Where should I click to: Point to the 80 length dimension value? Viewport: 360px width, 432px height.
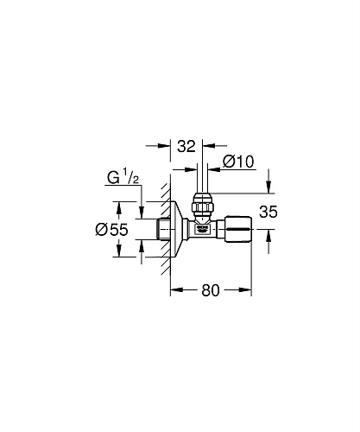210,290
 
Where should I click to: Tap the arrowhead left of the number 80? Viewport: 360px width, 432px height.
172,289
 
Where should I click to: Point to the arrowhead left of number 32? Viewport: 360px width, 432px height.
161,148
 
